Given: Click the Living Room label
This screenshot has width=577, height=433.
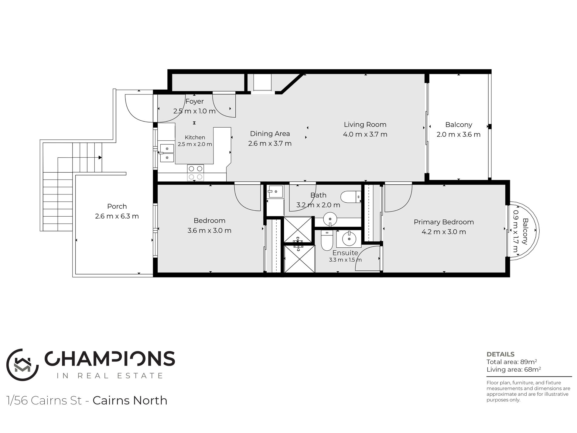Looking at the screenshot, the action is click(365, 125).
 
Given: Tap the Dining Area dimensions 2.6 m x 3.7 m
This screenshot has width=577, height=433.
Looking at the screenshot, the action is click(270, 143).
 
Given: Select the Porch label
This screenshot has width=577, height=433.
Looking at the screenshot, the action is click(117, 206).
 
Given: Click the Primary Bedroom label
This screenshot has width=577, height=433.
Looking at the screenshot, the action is click(444, 222).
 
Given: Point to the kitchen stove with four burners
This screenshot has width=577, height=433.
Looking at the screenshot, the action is click(195, 173).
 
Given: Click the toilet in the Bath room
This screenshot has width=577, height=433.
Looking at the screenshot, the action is click(351, 197).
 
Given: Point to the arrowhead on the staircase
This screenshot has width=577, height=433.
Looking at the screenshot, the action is click(100, 157).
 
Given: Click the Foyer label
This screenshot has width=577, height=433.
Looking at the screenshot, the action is click(194, 101).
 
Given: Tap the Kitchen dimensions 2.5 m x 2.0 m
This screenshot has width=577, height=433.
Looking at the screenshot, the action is click(195, 144).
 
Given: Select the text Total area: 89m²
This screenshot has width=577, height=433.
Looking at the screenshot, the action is click(512, 362).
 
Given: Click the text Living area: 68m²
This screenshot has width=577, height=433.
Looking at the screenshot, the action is click(514, 369).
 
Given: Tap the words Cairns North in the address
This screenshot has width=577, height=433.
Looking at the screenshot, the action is click(130, 400).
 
